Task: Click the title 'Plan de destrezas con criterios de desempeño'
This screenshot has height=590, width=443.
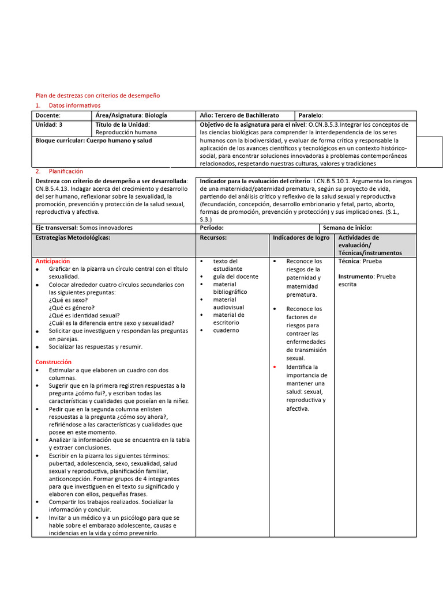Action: point(97,95)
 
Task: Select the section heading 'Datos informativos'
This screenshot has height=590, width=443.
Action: point(74,105)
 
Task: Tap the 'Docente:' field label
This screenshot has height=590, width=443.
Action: point(48,115)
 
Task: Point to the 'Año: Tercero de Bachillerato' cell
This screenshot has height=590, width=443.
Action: point(239,115)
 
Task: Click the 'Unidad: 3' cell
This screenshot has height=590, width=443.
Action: point(49,124)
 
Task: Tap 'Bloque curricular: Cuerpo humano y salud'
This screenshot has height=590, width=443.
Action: point(93,141)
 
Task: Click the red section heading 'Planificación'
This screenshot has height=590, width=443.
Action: point(66,171)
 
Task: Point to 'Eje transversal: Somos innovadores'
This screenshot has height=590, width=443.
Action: point(84,228)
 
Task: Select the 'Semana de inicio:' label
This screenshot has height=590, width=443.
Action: point(347,228)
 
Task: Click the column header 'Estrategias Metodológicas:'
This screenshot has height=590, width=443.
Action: point(73,237)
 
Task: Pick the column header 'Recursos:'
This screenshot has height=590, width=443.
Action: point(213,237)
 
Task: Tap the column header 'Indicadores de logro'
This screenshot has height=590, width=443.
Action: point(301,237)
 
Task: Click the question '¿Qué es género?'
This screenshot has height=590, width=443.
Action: point(72,308)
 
